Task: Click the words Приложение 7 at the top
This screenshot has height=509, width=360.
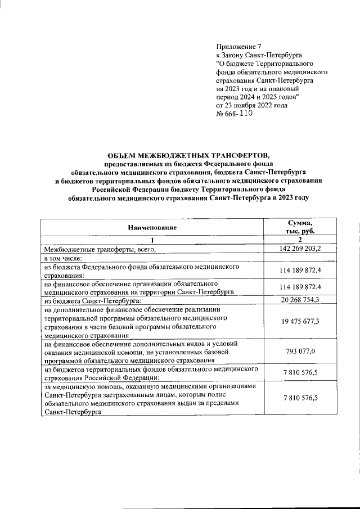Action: click(240, 46)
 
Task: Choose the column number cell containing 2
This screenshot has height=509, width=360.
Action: click(300, 240)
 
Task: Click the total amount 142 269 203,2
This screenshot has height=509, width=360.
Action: click(300, 249)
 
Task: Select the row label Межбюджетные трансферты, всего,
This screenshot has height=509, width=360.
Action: click(99, 249)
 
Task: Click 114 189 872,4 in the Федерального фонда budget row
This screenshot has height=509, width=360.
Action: click(300, 271)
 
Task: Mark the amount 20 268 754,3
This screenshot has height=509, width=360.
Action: click(300, 300)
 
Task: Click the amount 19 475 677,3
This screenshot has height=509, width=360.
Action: click(300, 322)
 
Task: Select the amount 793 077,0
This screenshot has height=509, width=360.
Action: click(300, 352)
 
